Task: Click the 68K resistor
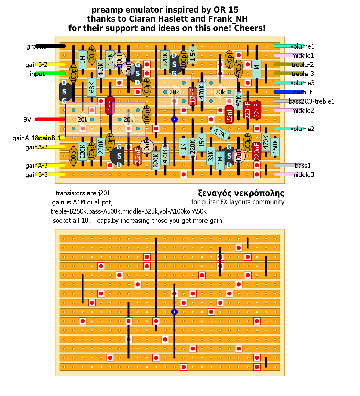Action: pos(92,87)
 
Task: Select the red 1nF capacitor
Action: pos(110,106)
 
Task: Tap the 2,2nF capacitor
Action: pos(138,156)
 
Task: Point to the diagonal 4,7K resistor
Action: pos(220,133)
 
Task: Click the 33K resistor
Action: pos(211,156)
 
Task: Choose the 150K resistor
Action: pos(275,147)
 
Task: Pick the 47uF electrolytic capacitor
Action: pos(238,156)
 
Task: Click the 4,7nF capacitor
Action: pos(193,96)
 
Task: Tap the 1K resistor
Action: pos(183,147)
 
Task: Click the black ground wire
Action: pos(50,46)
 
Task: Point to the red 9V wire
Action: pos(50,119)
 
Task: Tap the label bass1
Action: pos(303,166)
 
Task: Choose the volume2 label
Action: pos(302,129)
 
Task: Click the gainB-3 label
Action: pos(36,175)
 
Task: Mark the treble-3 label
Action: pos(303,74)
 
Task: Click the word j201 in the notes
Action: pos(104,193)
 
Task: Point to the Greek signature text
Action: pos(241,193)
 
